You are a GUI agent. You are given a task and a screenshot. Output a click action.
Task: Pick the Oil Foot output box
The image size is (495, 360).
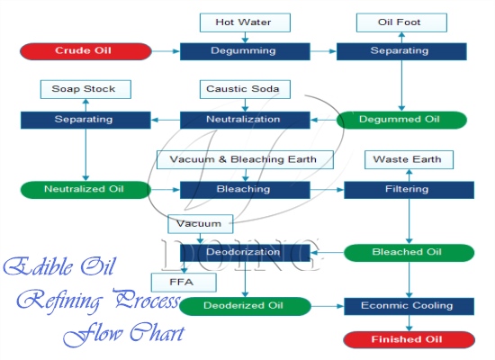tap(400, 22)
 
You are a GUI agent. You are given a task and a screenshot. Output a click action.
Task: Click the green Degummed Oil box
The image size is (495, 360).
tap(400, 119)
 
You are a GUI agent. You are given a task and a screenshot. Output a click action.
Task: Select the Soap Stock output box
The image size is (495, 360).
tap(85, 89)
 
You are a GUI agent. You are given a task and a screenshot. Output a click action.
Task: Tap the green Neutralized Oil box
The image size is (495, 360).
tap(85, 189)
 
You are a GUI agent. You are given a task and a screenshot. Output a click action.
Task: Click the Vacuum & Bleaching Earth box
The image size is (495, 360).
tap(244, 159)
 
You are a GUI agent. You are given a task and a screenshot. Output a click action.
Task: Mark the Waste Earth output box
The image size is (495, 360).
tap(409, 159)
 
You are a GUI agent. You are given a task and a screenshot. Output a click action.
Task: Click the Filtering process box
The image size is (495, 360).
tap(409, 189)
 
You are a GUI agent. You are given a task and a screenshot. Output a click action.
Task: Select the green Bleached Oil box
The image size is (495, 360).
tap(409, 253)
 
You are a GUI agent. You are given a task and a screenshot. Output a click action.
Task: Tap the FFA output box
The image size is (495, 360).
tap(184, 283)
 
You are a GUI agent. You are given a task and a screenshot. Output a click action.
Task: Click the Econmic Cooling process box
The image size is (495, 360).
tap(409, 306)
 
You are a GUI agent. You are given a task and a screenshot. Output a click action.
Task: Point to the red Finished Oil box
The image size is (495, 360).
tap(409, 339)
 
